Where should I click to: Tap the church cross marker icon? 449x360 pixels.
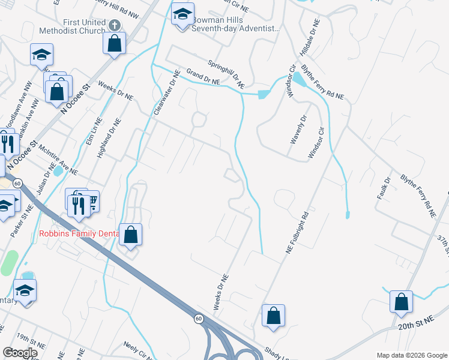point(115,24)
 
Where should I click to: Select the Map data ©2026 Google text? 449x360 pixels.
point(411,355)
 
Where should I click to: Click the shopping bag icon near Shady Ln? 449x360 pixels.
point(273,315)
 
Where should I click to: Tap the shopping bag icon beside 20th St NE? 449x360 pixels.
point(401,301)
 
